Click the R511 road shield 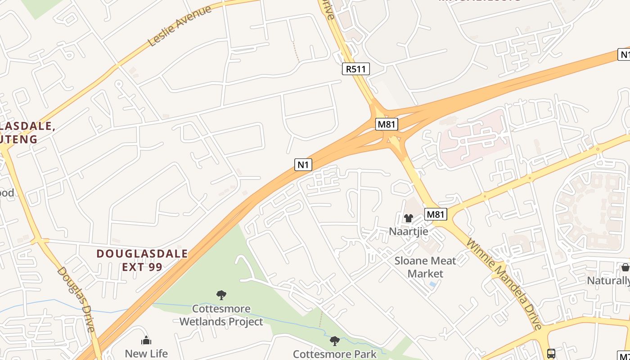point(356,69)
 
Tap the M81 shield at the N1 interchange point(387,124)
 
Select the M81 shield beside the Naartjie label point(436,214)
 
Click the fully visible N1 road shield point(303,165)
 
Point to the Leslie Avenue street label point(179,26)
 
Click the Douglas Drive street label point(76,299)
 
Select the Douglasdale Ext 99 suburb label point(142,260)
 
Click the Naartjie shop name point(408,231)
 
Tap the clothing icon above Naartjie point(408,218)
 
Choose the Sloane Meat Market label point(425,267)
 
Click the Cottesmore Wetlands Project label point(221,315)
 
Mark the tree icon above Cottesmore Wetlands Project point(221,295)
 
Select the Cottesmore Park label point(334,354)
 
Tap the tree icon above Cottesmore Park point(334,341)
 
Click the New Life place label point(146,353)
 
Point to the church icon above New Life point(146,340)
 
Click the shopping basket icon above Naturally point(625,267)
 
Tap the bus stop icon point(551,353)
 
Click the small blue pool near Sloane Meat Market point(432,284)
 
